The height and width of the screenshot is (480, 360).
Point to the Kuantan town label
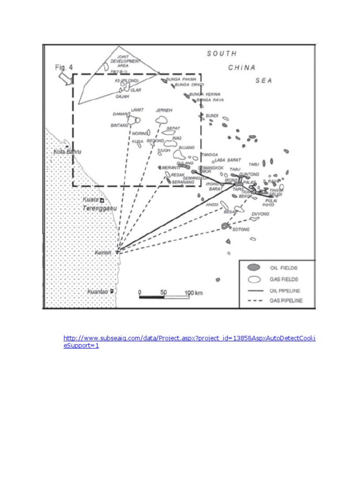98,292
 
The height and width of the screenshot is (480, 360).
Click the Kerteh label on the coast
103,253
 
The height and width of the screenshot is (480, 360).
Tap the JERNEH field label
164,111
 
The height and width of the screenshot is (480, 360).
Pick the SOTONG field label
241,229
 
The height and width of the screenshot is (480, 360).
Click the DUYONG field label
261,214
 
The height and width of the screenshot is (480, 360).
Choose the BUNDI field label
212,115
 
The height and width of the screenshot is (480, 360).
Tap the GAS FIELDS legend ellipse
254,279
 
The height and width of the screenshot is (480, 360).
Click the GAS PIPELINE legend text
286,300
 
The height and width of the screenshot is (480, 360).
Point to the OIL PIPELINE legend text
285,290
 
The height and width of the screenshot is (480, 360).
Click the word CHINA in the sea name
242,67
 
